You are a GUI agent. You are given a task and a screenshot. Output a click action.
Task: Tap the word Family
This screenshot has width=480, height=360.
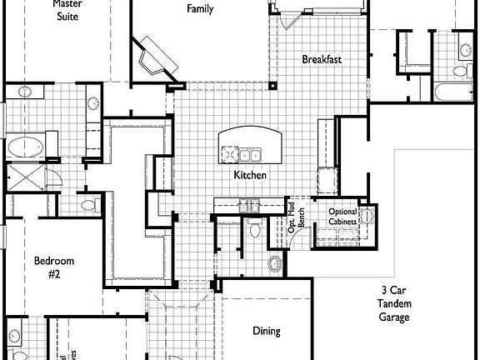click(x=200, y=9)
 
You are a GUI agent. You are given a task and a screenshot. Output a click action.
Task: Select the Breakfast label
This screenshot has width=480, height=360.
click(x=322, y=59)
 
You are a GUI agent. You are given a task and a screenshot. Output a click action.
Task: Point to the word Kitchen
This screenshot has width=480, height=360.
click(x=250, y=175)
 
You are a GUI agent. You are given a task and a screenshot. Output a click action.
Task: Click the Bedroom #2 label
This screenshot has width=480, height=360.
click(x=48, y=267)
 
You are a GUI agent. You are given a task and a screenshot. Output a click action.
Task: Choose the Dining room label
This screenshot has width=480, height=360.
click(x=267, y=331)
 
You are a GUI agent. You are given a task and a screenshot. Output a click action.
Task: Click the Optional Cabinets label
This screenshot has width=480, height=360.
click(x=342, y=217)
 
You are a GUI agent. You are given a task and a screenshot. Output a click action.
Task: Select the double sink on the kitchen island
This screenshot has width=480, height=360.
click(x=250, y=154)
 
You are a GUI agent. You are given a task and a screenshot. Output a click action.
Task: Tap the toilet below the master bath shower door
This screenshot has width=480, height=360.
click(x=88, y=203)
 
